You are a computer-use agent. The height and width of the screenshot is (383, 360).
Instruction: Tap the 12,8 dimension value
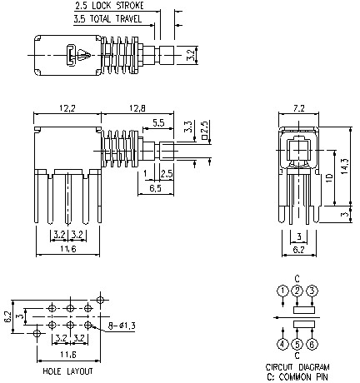click(x=138, y=109)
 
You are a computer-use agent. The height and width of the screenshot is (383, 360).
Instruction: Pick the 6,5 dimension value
click(x=155, y=189)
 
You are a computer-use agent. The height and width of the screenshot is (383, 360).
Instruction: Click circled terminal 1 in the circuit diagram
click(x=282, y=290)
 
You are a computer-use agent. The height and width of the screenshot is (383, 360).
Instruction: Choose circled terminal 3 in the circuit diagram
click(x=312, y=290)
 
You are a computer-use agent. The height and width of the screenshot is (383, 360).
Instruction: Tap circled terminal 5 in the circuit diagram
click(x=297, y=343)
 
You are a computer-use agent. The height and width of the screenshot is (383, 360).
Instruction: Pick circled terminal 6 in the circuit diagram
click(x=312, y=343)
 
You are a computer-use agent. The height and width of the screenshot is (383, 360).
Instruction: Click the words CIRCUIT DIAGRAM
click(x=297, y=367)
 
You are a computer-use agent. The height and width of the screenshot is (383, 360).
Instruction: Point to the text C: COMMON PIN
click(x=297, y=376)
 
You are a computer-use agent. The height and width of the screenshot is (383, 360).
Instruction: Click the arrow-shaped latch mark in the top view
click(x=84, y=56)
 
